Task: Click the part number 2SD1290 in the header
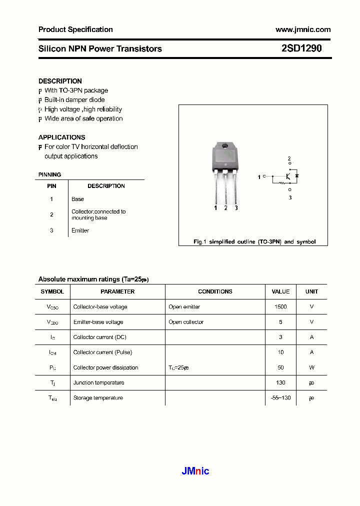pyautogui.click(x=301, y=48)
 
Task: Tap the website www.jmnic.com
pyautogui.click(x=303, y=29)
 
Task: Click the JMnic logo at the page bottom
pyautogui.click(x=194, y=470)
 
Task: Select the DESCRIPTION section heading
pyautogui.click(x=60, y=81)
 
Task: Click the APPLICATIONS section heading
pyautogui.click(x=61, y=137)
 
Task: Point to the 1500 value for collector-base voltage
pyautogui.click(x=280, y=307)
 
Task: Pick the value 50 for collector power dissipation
pyautogui.click(x=280, y=367)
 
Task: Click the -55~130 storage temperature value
pyautogui.click(x=280, y=398)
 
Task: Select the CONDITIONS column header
pyautogui.click(x=215, y=291)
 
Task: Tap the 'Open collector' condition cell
pyautogui.click(x=186, y=322)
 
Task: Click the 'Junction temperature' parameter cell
pyautogui.click(x=98, y=382)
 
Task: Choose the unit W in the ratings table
pyautogui.click(x=311, y=367)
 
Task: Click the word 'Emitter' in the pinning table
pyautogui.click(x=80, y=230)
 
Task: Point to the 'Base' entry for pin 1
pyautogui.click(x=77, y=199)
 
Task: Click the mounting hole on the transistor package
pyautogui.click(x=225, y=146)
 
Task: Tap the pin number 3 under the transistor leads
pyautogui.click(x=236, y=208)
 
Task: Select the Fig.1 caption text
pyautogui.click(x=254, y=241)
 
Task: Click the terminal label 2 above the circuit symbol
pyautogui.click(x=288, y=159)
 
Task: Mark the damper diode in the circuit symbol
pyautogui.click(x=296, y=176)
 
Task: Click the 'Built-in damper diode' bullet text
pyautogui.click(x=74, y=100)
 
